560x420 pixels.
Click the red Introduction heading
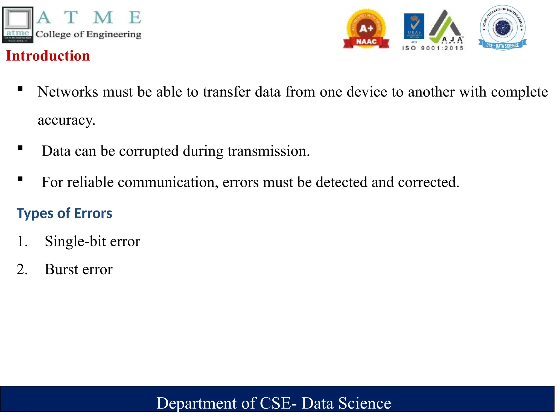pyautogui.click(x=48, y=56)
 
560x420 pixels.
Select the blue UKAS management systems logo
pyautogui.click(x=414, y=27)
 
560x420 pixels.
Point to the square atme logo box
pyautogui.click(x=18, y=25)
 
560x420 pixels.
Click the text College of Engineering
pyautogui.click(x=88, y=34)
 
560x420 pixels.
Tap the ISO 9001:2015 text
pyautogui.click(x=433, y=48)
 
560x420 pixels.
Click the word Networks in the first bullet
pyautogui.click(x=68, y=92)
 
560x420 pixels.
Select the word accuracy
pyautogui.click(x=66, y=120)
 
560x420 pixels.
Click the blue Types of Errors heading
pyautogui.click(x=64, y=213)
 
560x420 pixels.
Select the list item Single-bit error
pyautogui.click(x=92, y=241)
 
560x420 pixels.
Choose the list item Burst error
pyautogui.click(x=78, y=270)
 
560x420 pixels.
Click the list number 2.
pyautogui.click(x=22, y=270)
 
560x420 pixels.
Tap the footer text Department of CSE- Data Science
pyautogui.click(x=274, y=403)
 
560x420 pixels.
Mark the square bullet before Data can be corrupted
pyautogui.click(x=20, y=148)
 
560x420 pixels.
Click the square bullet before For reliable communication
pyautogui.click(x=20, y=179)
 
